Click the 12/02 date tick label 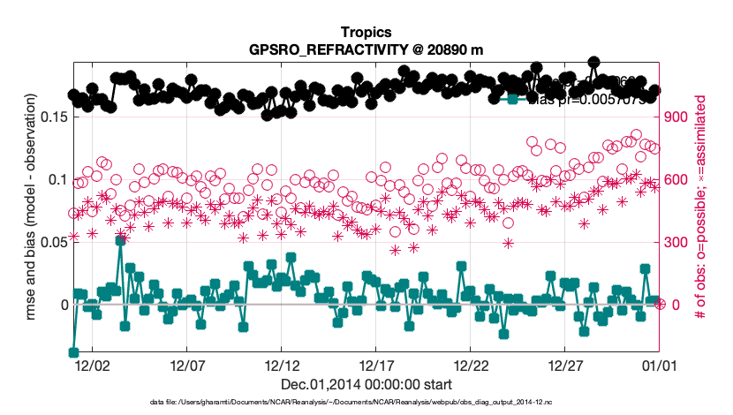[93, 364]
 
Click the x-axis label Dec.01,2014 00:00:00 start [366, 384]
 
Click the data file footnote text [366, 403]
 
